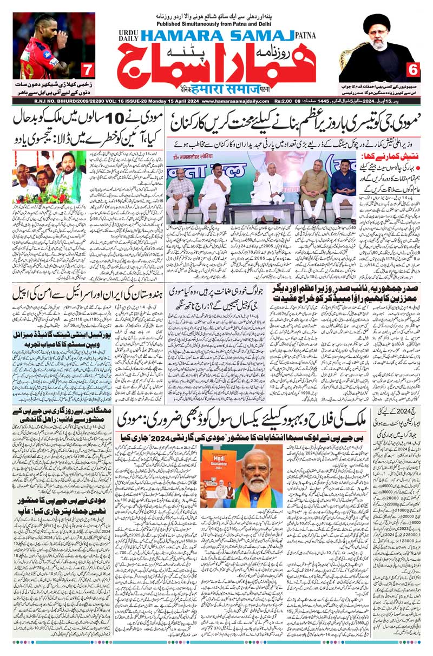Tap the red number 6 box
[x=413, y=70]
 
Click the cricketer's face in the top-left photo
[x=48, y=27]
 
